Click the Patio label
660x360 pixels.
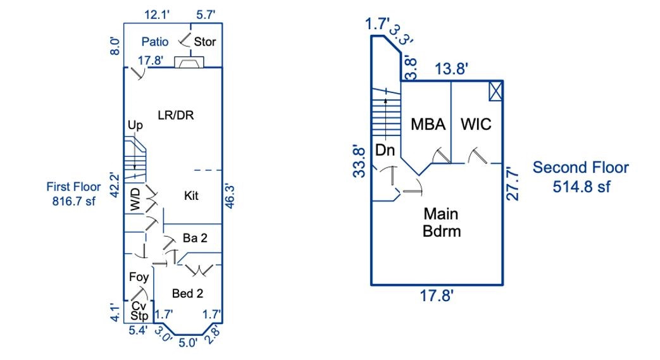154,42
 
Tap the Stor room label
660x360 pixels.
205,42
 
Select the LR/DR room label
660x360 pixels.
175,115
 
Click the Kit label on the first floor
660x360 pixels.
191,196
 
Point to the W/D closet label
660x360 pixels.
135,199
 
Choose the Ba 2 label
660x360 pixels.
194,238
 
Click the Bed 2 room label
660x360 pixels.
187,294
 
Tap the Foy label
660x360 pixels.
139,277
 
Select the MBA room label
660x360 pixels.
428,124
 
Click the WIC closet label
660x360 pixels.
475,124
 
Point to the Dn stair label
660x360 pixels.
385,151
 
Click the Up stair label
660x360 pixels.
135,125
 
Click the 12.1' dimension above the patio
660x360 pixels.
156,14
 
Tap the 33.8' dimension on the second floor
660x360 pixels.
359,161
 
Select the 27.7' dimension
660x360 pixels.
514,184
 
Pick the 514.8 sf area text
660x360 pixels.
580,187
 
